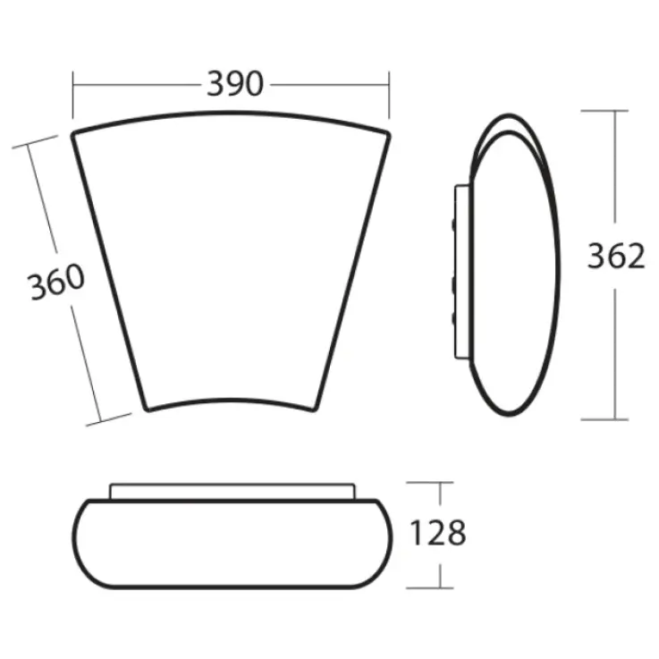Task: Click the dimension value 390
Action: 235,85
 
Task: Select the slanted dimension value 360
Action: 55,283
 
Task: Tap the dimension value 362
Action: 615,257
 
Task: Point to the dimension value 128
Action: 437,534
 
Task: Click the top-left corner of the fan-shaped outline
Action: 74,133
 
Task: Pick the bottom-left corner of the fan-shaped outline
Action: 147,410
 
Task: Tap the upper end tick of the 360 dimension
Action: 30,143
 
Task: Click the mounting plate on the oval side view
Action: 463,273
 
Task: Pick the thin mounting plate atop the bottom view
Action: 232,491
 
